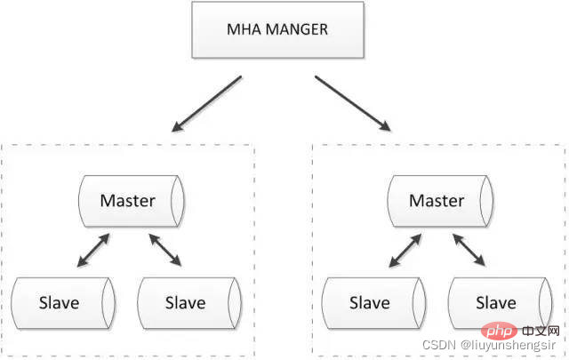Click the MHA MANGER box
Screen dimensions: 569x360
pos(277,29)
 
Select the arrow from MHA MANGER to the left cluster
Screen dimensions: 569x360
pos(206,104)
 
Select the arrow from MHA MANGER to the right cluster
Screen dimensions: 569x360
pos(353,103)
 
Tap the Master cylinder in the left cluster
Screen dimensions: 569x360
pos(132,202)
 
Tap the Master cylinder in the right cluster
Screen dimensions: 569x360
pos(440,202)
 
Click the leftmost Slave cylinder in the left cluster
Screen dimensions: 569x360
pos(63,303)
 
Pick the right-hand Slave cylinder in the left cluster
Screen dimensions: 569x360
pos(189,303)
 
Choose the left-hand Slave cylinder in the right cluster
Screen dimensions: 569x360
pos(373,303)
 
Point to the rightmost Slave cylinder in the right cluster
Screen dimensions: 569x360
pos(501,303)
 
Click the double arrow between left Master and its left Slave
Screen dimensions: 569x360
pos(93,251)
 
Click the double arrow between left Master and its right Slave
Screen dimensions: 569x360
pos(165,250)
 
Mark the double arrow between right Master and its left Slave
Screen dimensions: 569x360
pos(405,251)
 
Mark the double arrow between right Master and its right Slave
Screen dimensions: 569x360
pos(469,250)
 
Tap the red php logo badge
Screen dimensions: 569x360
pos(500,331)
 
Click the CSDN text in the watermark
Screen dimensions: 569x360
pos(438,345)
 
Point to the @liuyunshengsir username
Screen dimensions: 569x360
pos(508,346)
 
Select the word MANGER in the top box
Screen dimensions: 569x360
pos(297,29)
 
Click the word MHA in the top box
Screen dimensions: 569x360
pos(244,29)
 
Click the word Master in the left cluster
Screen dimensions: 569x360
pos(128,201)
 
